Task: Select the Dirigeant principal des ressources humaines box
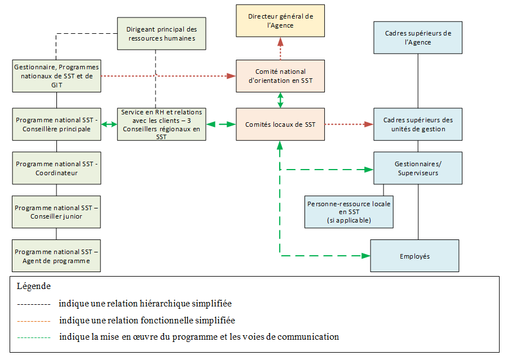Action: (x=161, y=34)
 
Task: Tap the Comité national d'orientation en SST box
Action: (x=280, y=76)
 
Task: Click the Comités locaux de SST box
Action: (x=280, y=125)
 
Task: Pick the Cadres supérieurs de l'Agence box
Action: (x=418, y=38)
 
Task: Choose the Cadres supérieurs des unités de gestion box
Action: (x=418, y=125)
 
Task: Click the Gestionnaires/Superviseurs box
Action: (x=418, y=168)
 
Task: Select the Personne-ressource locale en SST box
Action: (x=349, y=212)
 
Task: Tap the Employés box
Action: (x=414, y=256)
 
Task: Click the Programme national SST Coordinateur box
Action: (x=56, y=168)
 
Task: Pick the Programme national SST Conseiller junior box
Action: (x=56, y=212)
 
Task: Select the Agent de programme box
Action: (x=56, y=256)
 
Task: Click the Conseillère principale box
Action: (x=56, y=125)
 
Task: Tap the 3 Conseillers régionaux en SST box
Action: (x=161, y=125)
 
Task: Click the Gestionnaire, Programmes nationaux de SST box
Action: (x=56, y=76)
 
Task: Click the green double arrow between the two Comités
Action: (x=280, y=100)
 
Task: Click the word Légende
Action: (x=34, y=286)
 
